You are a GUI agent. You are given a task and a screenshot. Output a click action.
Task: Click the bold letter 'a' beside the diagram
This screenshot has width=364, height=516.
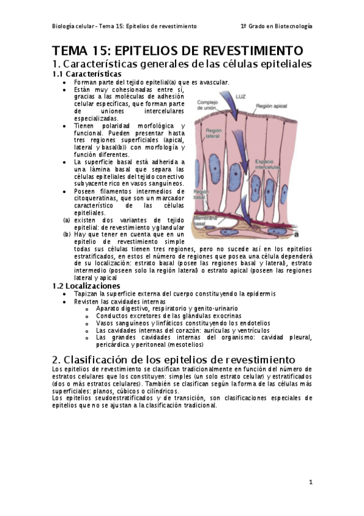click(x=297, y=232)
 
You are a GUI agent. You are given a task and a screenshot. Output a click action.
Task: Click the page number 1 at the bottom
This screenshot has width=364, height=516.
click(x=310, y=482)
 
